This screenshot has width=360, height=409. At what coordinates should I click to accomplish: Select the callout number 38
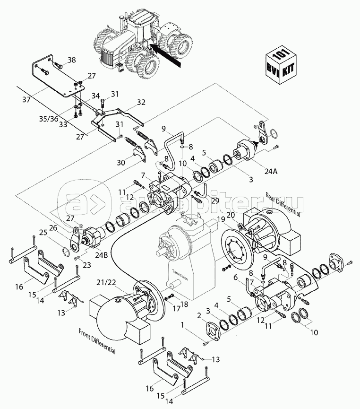(x=71, y=60)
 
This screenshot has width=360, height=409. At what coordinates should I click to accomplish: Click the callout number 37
(x=26, y=100)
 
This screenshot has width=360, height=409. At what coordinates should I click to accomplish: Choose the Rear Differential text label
(x=283, y=205)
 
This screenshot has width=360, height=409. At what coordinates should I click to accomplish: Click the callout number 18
(x=183, y=304)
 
